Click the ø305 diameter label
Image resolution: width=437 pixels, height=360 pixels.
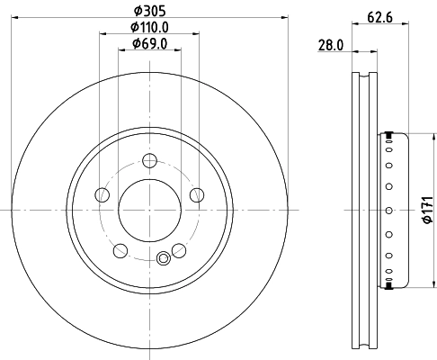[150, 10]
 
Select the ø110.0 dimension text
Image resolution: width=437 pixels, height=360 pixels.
[150, 26]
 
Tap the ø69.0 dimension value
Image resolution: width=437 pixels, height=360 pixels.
[150, 42]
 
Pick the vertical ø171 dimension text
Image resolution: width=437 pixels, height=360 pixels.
[429, 210]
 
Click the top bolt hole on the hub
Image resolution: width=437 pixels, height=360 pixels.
[150, 161]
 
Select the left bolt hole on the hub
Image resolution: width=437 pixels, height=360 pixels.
[103, 194]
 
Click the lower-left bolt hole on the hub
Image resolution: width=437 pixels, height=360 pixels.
[120, 249]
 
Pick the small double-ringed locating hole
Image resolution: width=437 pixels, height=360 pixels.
[163, 259]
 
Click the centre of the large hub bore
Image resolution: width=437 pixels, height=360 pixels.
[150, 210]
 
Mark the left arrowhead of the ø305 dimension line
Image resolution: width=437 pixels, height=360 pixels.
[16, 18]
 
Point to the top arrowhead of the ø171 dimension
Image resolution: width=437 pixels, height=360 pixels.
[421, 136]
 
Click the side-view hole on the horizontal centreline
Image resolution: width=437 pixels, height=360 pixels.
[388, 210]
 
